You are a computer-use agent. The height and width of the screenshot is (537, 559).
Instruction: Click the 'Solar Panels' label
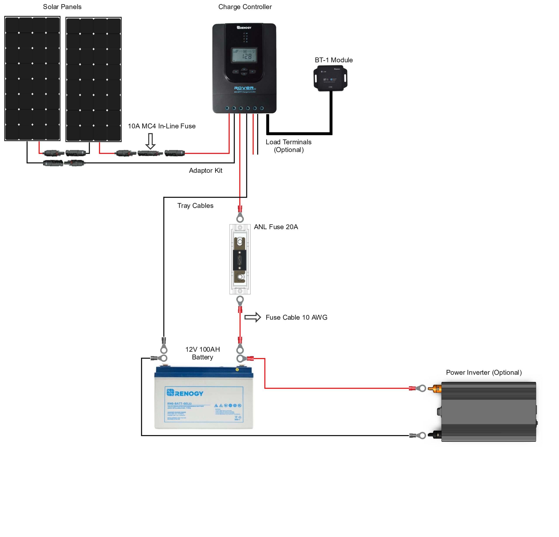[x=62, y=7]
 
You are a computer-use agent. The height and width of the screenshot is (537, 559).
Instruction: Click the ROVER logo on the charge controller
[x=244, y=88]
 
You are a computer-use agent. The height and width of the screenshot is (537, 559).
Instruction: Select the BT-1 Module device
[x=331, y=78]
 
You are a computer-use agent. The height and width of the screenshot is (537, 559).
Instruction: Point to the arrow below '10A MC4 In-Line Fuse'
[x=150, y=141]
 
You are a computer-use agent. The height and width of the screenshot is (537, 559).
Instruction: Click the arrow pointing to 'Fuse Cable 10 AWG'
[x=253, y=317]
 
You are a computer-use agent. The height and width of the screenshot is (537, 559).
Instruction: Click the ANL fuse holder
[x=240, y=259]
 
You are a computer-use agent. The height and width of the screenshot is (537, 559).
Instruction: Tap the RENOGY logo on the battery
[x=185, y=393]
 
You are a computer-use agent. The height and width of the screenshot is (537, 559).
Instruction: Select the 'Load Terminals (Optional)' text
[x=289, y=146]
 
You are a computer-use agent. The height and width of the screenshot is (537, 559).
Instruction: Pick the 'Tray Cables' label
[x=195, y=206]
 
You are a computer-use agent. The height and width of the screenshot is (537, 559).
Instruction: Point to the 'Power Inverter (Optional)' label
[x=484, y=372]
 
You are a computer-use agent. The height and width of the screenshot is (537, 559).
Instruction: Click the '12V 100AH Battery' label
[x=202, y=353]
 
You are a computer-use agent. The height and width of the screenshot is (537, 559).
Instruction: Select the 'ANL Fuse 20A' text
[x=276, y=227]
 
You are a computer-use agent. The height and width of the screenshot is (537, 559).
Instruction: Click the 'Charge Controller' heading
[x=245, y=7]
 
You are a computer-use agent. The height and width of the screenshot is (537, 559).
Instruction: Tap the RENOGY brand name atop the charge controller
[x=244, y=28]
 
